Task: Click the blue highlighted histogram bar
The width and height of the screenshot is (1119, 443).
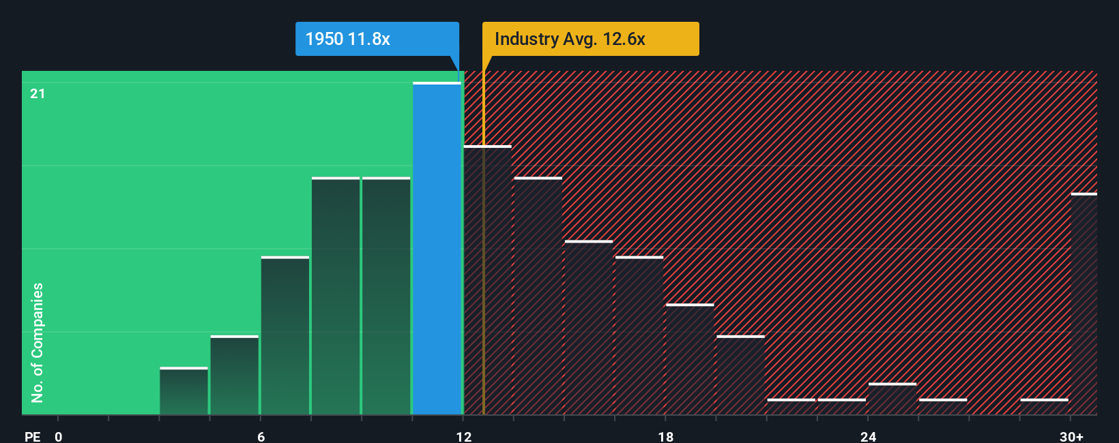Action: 437,249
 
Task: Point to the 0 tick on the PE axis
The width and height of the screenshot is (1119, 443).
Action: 59,436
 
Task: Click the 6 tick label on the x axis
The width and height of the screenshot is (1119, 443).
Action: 261,436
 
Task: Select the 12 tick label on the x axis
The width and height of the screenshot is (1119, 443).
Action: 463,436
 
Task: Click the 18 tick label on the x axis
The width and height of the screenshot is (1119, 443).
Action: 666,436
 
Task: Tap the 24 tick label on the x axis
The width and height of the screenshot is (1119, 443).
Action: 868,436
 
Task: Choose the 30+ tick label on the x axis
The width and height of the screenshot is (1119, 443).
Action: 1071,436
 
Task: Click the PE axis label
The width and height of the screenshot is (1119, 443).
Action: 32,436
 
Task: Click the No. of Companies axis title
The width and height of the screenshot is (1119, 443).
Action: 38,342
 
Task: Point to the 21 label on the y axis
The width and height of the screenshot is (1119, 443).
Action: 38,93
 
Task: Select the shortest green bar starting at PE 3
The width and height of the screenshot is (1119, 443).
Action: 184,391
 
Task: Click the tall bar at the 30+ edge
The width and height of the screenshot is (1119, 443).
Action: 1084,304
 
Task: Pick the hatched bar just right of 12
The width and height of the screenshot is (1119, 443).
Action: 487,279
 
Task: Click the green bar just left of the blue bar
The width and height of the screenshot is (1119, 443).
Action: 386,296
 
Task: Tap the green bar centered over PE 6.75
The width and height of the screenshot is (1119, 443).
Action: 285,335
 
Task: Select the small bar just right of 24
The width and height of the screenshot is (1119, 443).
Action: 892,399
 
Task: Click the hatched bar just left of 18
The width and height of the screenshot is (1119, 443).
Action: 639,335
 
